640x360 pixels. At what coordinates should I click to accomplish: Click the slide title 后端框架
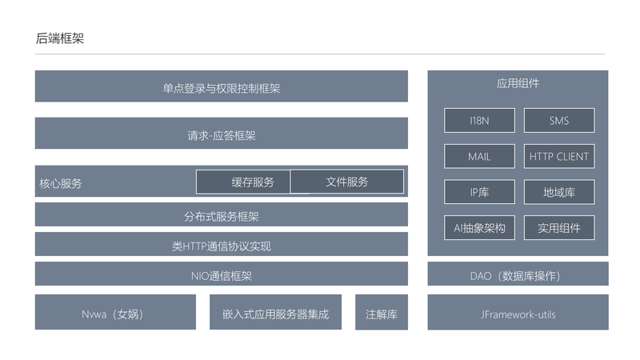coord(59,38)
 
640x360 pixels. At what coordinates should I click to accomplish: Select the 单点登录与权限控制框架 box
coord(222,86)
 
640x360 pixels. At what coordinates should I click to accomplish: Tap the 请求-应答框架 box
coord(222,133)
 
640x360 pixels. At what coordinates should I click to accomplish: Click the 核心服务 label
coord(61,183)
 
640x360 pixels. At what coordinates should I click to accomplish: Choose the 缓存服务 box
coord(243,182)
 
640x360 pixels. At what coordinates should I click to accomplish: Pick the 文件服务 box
coord(347,182)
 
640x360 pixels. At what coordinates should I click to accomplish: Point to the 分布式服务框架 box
coord(222,214)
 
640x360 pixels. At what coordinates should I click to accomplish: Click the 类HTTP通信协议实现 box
coord(222,244)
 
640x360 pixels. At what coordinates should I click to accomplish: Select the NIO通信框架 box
coord(222,274)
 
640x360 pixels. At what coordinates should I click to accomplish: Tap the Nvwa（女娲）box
coord(115,312)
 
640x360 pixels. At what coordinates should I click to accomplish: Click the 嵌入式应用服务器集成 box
coord(275,312)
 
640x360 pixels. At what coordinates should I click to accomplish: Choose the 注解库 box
coord(382,312)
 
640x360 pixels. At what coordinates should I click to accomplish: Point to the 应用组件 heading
coord(518,83)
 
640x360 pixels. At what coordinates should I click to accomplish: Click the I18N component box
coord(479,121)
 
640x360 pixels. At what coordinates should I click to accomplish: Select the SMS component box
coord(559,121)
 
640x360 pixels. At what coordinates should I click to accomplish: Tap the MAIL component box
coord(479,156)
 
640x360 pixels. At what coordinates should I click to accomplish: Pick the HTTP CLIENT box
coord(559,156)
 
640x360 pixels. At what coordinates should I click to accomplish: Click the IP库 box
coord(479,192)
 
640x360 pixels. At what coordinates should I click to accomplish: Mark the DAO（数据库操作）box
coord(518,274)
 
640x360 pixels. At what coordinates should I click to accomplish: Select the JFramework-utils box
coord(518,312)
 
